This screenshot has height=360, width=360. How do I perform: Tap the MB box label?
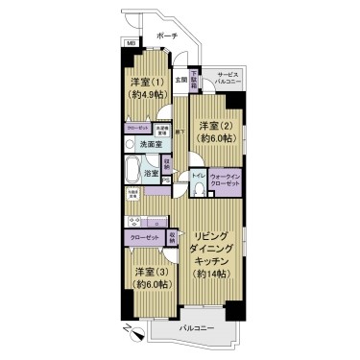[129, 43]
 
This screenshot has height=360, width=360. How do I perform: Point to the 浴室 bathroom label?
[151, 174]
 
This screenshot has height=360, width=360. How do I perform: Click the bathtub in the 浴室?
[133, 173]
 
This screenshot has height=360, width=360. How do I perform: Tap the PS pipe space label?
[165, 180]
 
